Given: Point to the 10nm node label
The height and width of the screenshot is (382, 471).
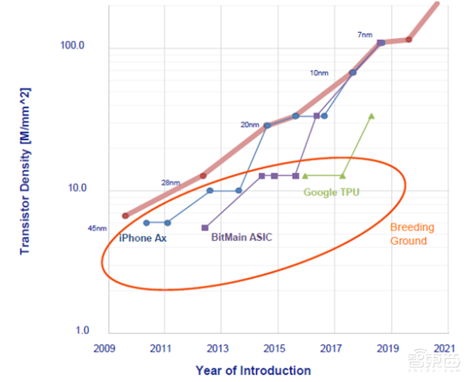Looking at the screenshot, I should coord(319,73).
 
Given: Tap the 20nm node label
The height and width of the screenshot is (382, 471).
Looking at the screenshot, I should coord(250,125).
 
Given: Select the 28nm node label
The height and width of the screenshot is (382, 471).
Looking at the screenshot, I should coord(171,182).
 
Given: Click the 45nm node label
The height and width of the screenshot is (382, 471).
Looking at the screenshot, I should coord(97,228).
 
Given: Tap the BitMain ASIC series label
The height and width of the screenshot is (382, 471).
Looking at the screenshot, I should coord(241,238).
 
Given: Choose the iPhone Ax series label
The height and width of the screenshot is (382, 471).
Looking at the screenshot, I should coord(142,238).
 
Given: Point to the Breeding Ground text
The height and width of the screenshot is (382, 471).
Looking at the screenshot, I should coord(412,234).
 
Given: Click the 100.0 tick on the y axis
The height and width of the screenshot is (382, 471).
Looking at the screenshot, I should coord(72,45).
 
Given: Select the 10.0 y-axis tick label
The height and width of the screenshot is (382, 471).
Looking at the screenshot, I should coord(75,188).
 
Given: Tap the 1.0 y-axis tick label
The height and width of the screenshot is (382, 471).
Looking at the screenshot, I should coord(82,331).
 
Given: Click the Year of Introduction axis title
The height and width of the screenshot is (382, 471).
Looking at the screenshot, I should coord(253,370).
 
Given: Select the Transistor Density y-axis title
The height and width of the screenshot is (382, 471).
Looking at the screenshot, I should coord(25,171).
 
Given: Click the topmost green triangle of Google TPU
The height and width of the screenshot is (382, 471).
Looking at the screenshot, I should coord(371,116).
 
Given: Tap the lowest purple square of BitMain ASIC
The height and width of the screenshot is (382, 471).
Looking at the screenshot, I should coord(205,227).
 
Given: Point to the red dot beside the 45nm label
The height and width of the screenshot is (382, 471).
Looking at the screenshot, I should coord(125,216).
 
